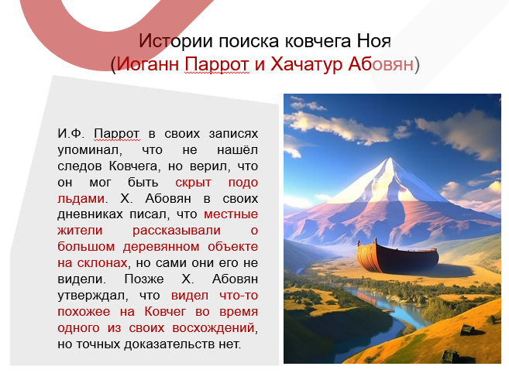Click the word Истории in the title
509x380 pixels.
(167, 40)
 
